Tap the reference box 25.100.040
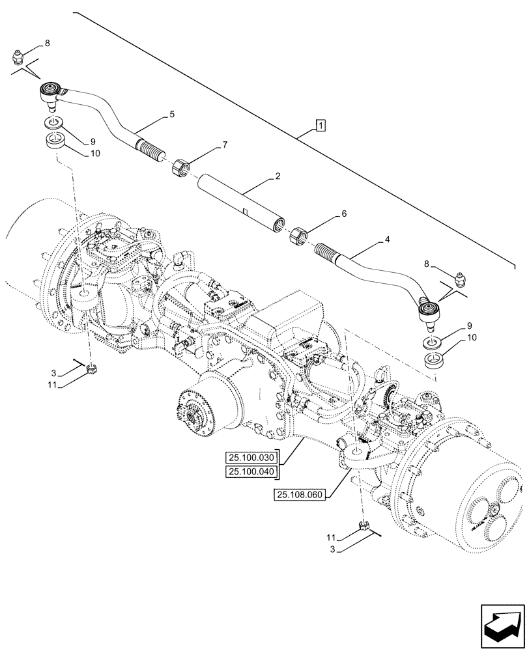pos(251,471)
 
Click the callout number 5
pos(172,115)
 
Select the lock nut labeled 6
pos(298,235)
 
